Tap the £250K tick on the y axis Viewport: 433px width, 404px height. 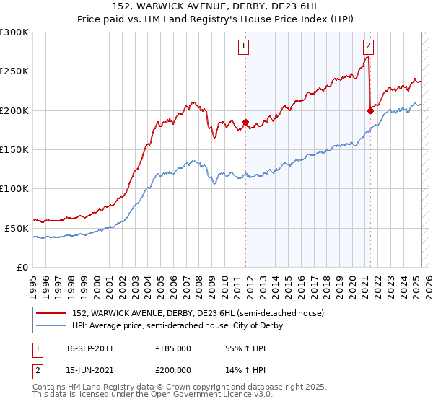point(14,71)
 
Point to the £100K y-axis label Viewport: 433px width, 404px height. point(14,188)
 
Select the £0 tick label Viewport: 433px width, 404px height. point(22,267)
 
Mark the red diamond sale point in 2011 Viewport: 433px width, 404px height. point(245,123)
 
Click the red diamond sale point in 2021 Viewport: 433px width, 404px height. point(370,110)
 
